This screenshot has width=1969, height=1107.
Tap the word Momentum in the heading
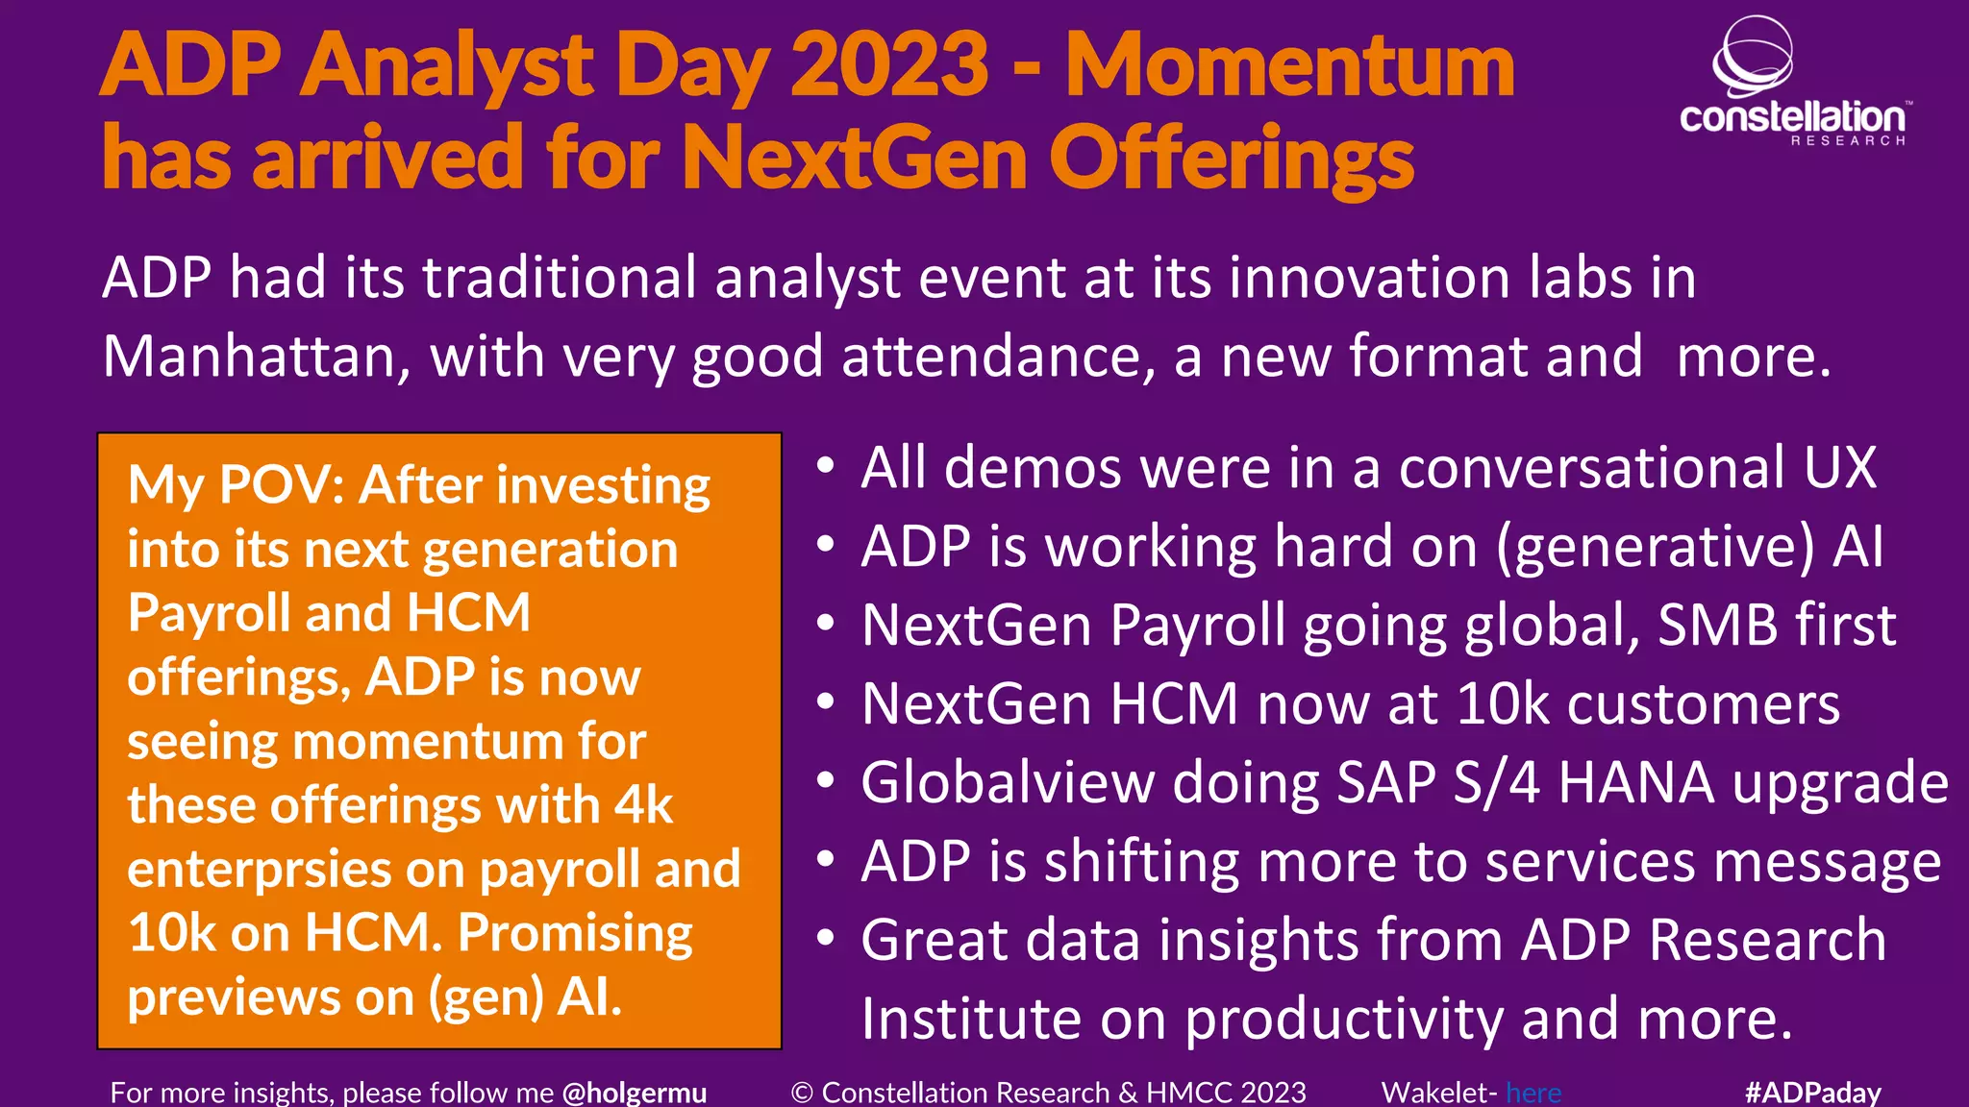coord(1289,65)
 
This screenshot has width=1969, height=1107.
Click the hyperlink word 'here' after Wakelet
coord(1533,1093)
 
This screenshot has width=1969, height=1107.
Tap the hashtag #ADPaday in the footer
coord(1812,1093)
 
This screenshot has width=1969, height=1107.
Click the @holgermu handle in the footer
coord(634,1093)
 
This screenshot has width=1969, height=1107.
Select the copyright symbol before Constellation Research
coord(802,1093)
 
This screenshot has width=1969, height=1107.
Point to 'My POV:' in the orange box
coord(236,484)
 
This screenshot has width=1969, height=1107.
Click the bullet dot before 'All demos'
coord(825,466)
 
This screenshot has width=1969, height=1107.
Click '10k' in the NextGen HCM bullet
coord(1503,704)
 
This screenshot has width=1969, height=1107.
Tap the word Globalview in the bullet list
coord(1008,782)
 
